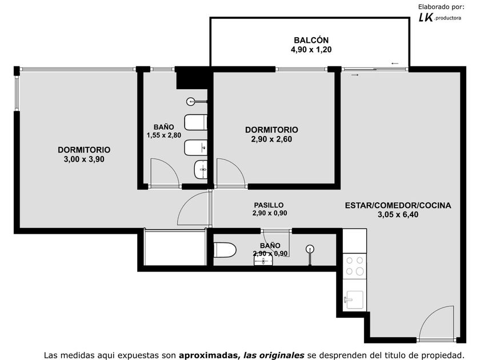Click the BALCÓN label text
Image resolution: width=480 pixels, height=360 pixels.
311,40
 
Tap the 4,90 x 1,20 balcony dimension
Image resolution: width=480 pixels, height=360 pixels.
311,50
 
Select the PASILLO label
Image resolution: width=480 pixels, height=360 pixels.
269,205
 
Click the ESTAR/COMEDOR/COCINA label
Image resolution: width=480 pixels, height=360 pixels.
398,205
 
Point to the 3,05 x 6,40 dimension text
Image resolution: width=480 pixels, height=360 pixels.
398,215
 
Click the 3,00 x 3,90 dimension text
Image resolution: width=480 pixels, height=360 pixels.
84,159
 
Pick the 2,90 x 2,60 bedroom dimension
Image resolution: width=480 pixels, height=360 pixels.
271,139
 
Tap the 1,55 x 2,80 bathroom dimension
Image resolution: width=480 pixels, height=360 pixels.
164,135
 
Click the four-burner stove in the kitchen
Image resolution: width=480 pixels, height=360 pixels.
354,266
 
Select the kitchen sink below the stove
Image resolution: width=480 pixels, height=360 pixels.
354,300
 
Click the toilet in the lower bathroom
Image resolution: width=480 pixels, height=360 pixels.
225,250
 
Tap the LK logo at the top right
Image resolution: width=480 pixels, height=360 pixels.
426,18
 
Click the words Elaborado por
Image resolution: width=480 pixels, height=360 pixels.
441,7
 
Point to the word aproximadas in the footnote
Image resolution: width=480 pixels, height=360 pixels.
209,355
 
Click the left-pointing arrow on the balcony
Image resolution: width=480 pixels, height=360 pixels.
395,63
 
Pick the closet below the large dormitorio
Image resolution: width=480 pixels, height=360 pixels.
174,248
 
